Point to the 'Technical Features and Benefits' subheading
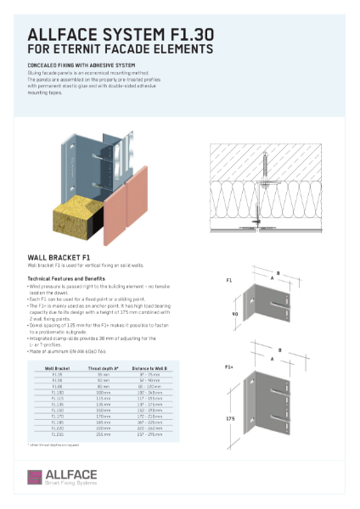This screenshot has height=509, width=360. [x=66, y=278]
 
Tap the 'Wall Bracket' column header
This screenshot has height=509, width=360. [x=57, y=369]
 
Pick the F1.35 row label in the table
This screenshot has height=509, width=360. [x=57, y=374]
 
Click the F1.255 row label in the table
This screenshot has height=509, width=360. [x=57, y=435]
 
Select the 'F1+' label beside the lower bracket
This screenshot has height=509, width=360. [x=229, y=366]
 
